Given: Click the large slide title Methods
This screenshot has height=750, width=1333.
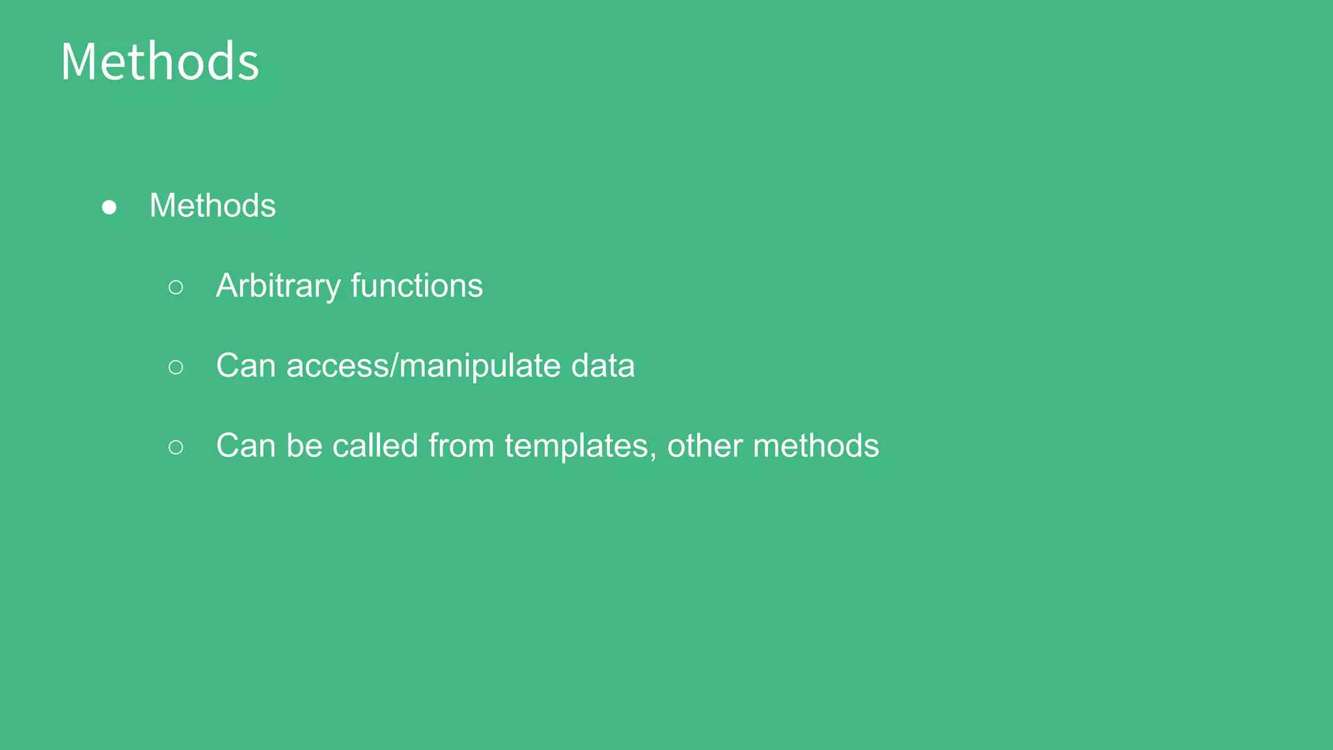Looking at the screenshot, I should [160, 62].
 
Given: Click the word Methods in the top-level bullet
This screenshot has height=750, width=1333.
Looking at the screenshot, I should [212, 206].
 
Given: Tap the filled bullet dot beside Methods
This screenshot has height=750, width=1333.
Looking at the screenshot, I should [109, 207].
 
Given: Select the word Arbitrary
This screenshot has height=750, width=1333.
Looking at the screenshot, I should [278, 286].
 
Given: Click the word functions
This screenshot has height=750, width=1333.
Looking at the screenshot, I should [417, 286].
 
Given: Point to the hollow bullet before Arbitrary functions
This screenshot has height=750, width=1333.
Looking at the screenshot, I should [176, 287].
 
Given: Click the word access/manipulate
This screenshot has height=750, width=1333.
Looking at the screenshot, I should [423, 366].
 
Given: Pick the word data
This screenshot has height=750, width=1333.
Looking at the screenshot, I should [603, 366].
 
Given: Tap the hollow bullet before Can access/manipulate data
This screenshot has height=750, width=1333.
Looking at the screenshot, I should [176, 367].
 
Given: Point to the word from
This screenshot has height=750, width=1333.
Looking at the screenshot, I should [461, 446].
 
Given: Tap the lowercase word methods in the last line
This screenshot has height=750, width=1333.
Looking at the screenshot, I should [816, 446].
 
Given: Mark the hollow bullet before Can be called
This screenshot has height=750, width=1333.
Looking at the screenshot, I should [176, 447].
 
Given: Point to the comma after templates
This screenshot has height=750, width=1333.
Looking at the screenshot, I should [653, 456].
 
